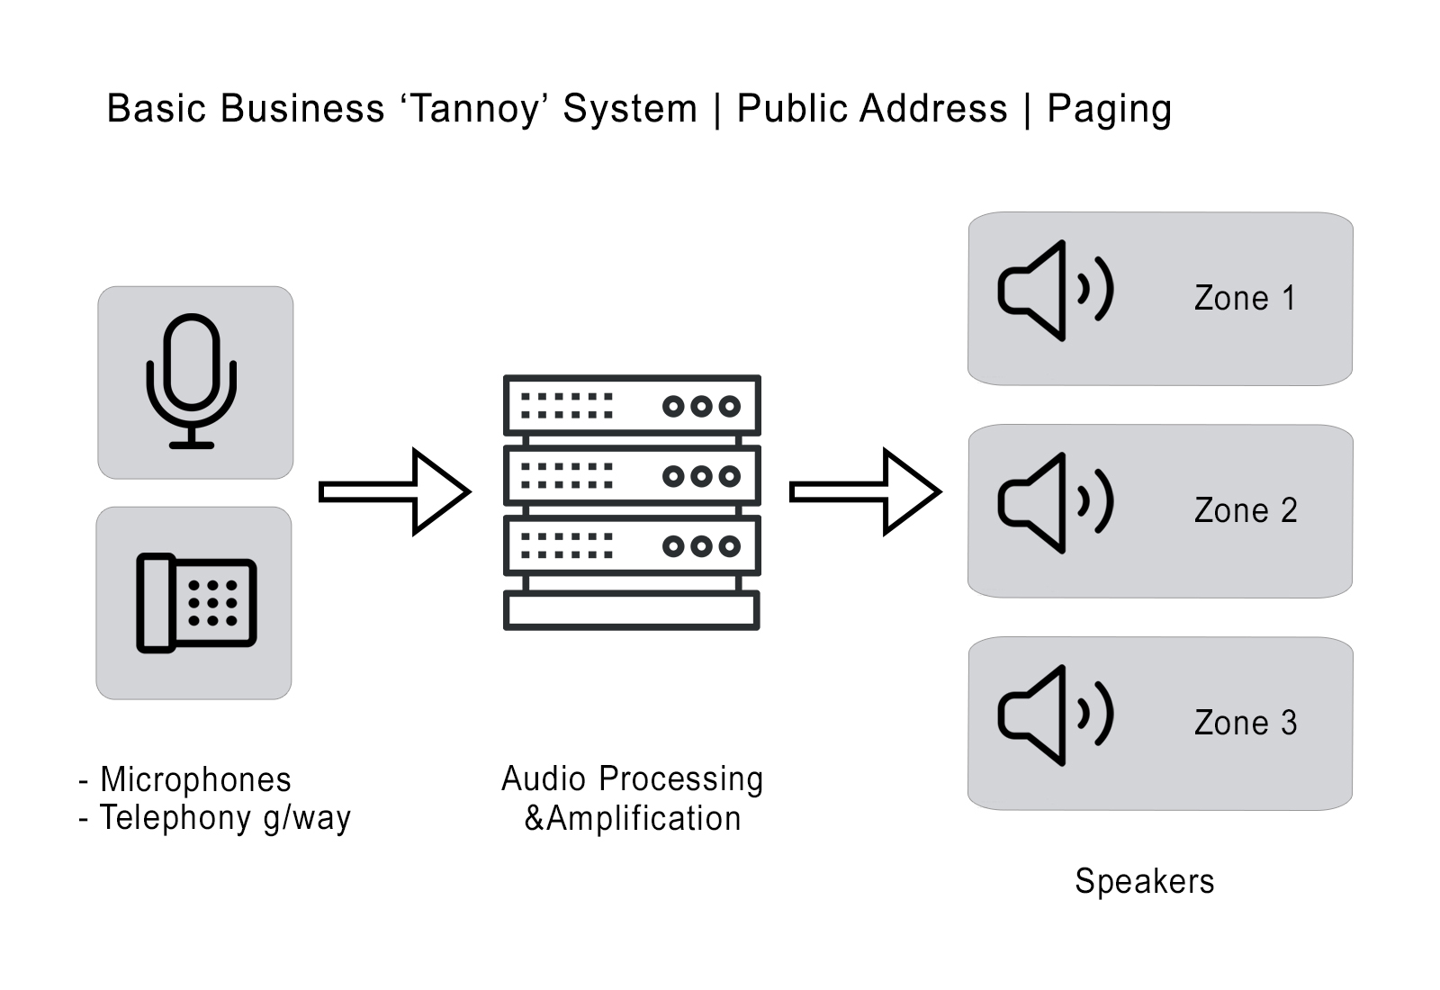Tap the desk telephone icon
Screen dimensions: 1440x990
coord(196,603)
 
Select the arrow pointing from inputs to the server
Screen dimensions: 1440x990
coord(395,491)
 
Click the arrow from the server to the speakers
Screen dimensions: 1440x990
coord(866,491)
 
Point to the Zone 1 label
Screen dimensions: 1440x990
coord(1245,298)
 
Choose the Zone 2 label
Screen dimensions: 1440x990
coord(1246,510)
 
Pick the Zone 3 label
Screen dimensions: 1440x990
coord(1246,723)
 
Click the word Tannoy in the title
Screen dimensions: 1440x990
coord(475,109)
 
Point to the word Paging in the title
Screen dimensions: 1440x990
coord(1110,109)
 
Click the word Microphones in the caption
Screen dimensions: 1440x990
coord(196,779)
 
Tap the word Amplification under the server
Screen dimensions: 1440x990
coord(643,819)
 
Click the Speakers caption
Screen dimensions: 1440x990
coord(1145,881)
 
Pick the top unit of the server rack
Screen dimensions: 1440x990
coord(632,406)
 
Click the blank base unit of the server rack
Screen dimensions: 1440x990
coord(631,610)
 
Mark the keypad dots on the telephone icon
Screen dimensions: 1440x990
coord(212,603)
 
